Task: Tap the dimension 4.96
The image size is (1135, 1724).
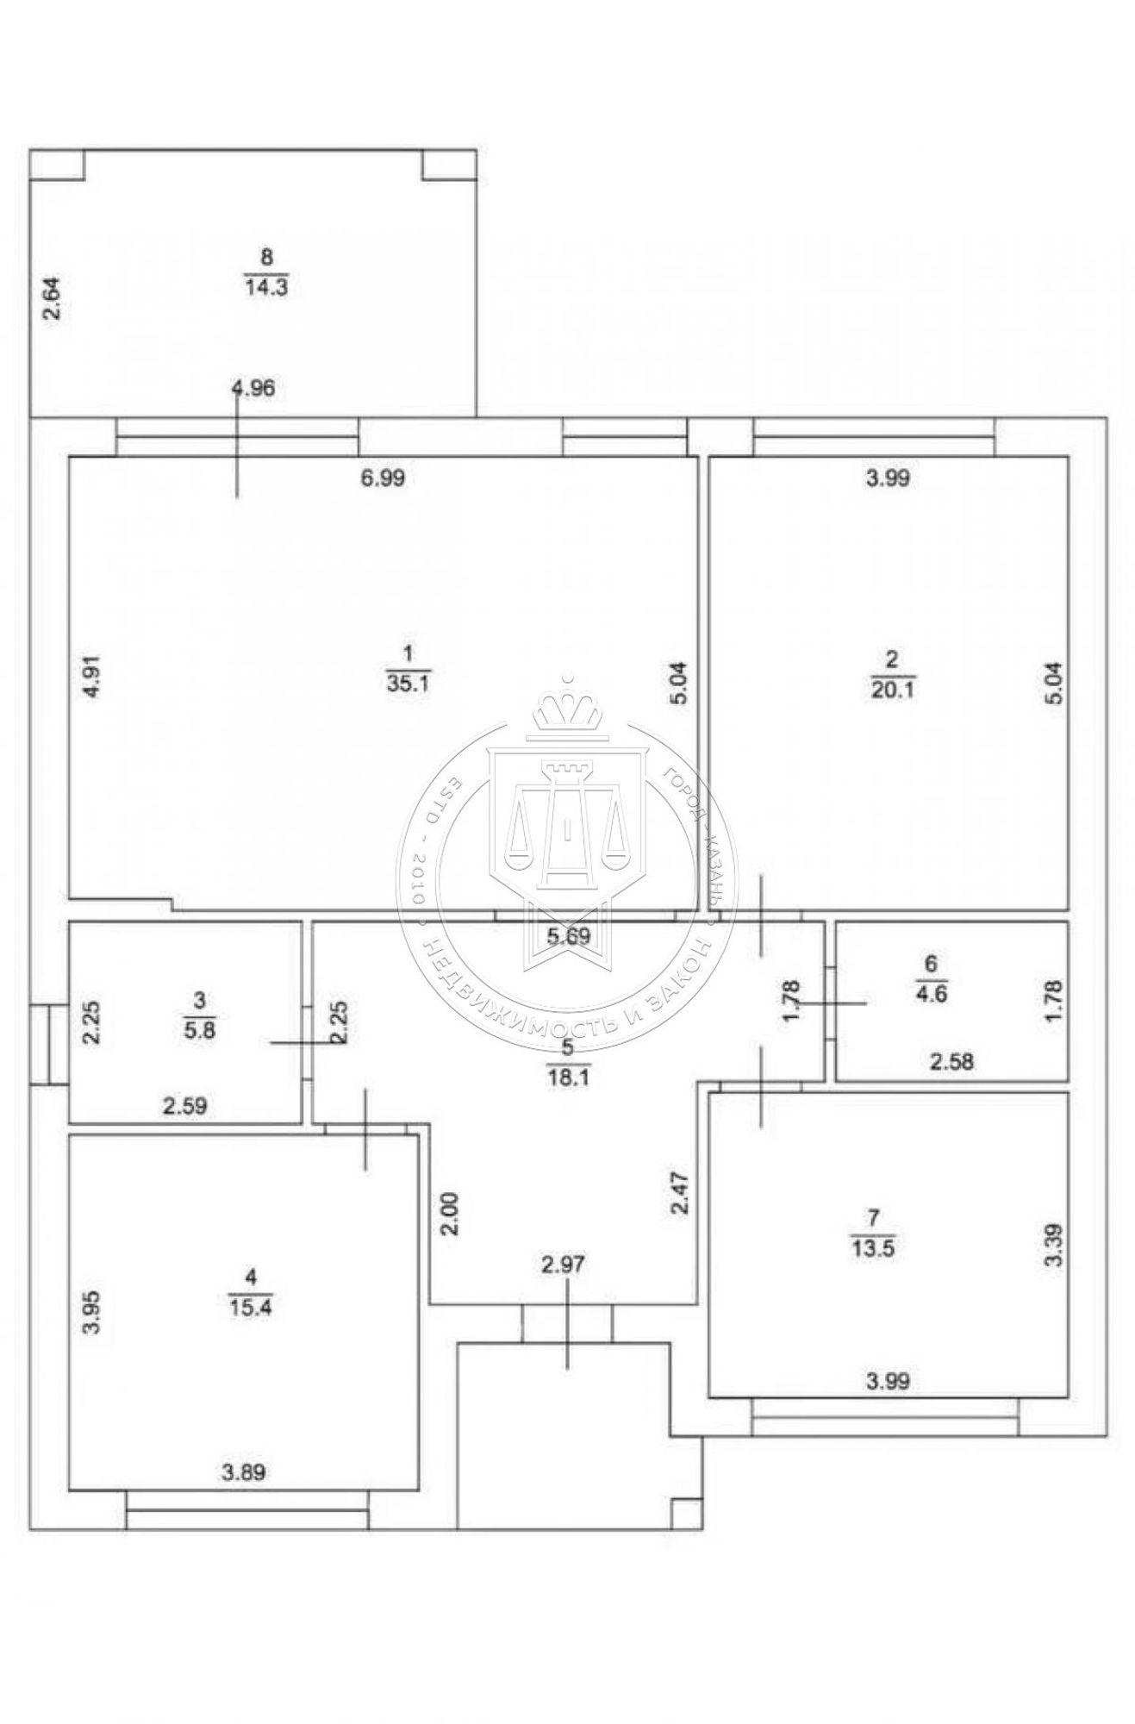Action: [x=253, y=388]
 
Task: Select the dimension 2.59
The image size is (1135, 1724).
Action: [x=185, y=1106]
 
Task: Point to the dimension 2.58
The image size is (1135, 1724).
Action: [x=952, y=1062]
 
